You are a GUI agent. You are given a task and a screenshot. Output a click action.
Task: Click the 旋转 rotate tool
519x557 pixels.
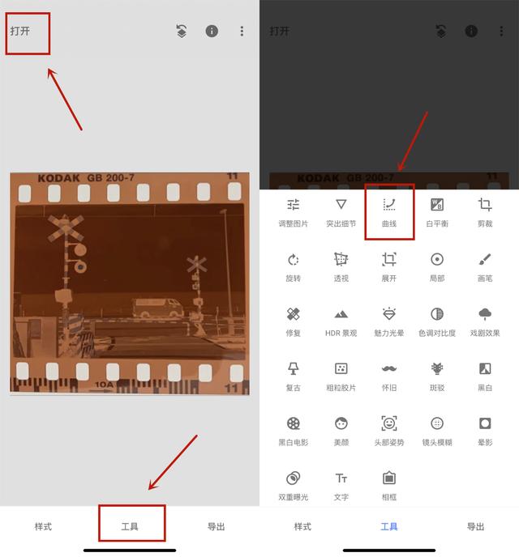294,266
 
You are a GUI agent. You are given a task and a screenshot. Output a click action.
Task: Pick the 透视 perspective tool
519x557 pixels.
341,266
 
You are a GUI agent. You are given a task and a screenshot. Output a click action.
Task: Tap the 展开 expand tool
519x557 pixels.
389,266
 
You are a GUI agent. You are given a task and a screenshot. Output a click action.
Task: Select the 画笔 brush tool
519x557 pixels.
485,266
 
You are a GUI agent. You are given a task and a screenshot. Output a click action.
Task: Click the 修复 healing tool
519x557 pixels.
294,320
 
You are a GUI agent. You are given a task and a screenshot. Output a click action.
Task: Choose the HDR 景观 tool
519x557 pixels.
341,320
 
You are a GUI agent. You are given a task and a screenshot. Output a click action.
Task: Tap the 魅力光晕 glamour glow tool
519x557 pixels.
389,320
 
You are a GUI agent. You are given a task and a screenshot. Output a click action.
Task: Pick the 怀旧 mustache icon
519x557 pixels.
389,374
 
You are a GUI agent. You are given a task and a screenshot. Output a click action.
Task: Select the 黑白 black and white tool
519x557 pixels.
485,374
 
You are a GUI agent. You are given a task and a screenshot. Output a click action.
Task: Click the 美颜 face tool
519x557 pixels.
341,429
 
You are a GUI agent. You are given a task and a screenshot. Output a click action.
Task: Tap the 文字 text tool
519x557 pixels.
341,483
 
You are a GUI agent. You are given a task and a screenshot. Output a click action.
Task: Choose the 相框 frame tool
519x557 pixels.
389,483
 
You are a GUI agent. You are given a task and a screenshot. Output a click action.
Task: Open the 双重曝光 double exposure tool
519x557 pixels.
294,483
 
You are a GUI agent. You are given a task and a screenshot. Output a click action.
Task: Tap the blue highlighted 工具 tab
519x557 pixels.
389,526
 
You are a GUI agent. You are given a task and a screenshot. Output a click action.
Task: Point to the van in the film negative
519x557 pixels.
158,308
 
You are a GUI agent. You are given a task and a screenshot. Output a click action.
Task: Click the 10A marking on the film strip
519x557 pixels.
105,385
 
